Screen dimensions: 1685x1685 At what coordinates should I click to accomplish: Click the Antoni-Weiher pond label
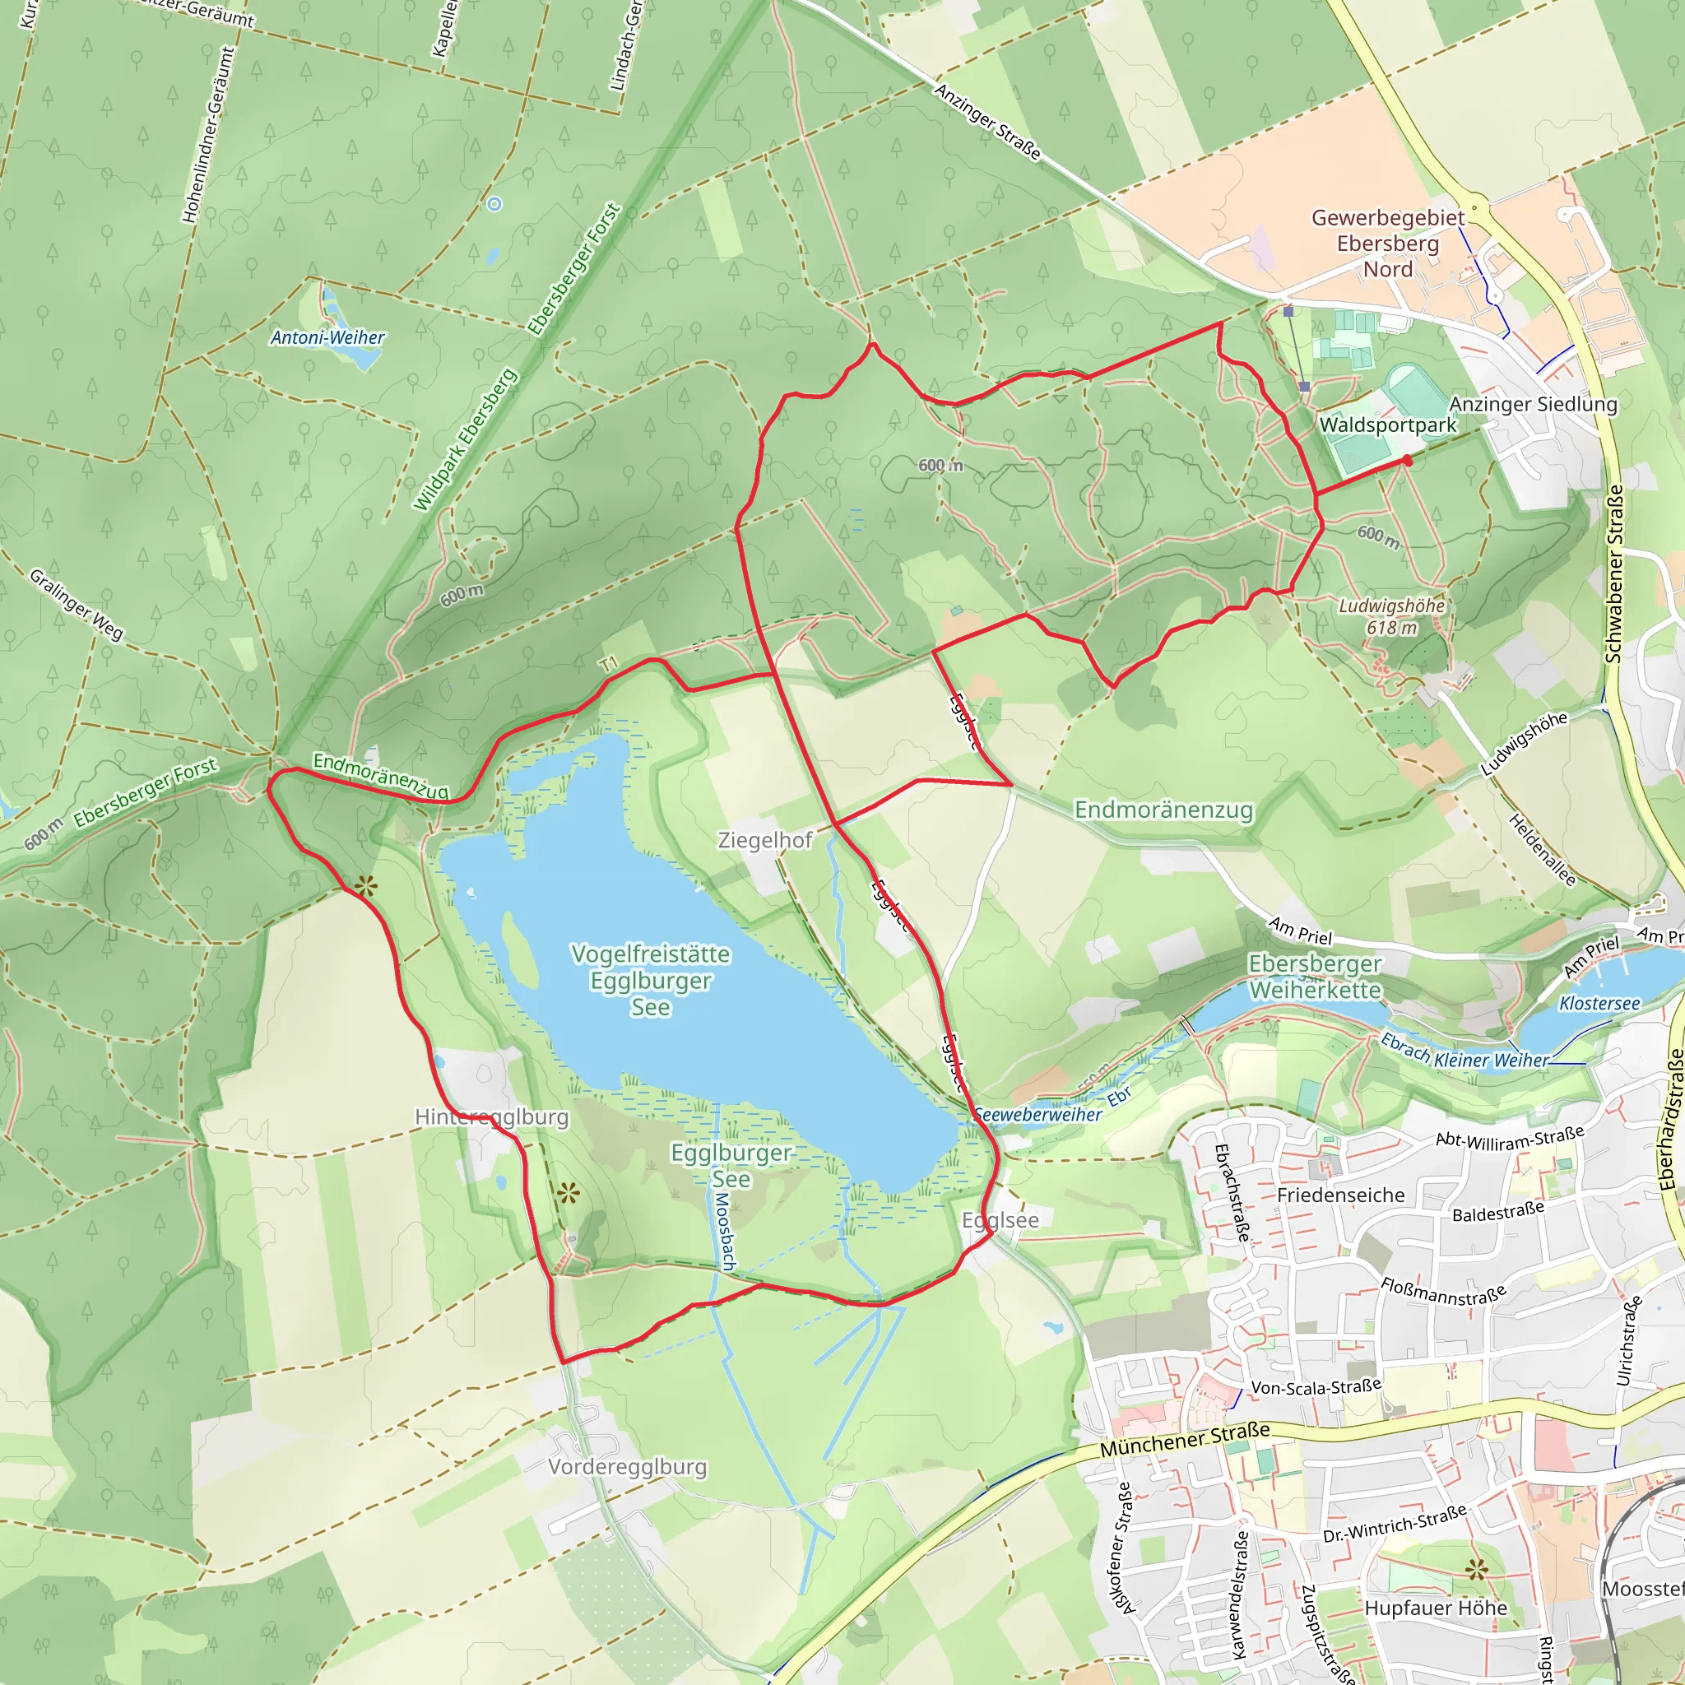327,337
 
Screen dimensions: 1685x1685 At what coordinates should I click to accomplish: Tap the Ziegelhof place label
765,840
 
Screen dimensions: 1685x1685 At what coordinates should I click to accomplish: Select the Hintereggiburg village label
492,1117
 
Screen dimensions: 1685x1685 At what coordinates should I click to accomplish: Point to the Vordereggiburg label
627,1466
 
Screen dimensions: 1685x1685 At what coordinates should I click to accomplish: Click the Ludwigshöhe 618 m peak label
1391,616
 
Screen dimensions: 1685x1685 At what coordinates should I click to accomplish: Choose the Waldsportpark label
1388,425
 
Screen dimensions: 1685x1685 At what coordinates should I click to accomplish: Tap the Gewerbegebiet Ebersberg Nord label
1388,244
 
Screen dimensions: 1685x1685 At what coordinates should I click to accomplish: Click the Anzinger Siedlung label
1534,404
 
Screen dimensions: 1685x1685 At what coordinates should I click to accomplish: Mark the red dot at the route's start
1408,461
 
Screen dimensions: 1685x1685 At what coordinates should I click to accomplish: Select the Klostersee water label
1599,1003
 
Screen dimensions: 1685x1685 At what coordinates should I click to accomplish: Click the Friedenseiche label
1340,1195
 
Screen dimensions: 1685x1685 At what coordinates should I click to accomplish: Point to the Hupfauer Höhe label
1436,1608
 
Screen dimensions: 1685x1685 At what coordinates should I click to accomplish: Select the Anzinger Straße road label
988,121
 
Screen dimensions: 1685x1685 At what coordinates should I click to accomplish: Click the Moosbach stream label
725,1231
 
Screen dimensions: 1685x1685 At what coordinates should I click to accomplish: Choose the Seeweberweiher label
1037,1115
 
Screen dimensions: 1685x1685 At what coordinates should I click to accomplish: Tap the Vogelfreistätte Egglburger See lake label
651,980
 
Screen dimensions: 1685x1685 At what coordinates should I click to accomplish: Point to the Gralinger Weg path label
77,605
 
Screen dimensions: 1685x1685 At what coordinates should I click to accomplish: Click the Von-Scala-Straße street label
1316,1386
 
